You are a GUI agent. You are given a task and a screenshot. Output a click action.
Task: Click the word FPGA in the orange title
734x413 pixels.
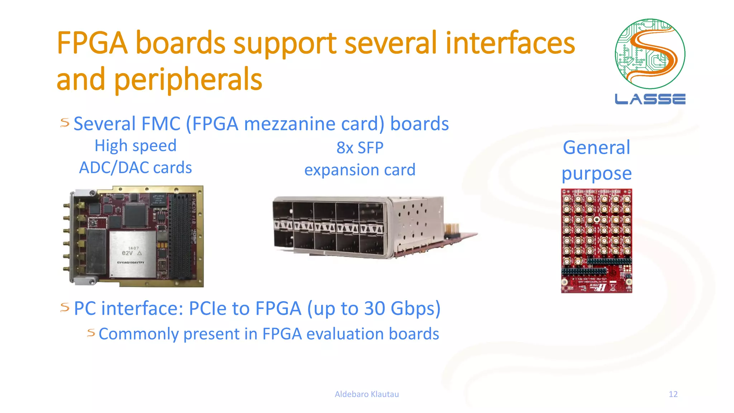point(92,43)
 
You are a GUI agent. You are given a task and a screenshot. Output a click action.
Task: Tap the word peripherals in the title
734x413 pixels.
point(189,80)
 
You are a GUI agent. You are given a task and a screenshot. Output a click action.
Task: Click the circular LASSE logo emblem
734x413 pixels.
point(650,54)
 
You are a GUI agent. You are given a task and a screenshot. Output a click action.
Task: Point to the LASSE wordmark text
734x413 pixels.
point(650,99)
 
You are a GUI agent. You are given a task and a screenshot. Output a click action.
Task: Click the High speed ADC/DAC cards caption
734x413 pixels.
point(135,157)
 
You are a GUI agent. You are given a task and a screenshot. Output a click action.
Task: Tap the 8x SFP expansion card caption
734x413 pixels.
point(360,158)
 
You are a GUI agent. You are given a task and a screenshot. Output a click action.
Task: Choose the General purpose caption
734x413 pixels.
point(596,160)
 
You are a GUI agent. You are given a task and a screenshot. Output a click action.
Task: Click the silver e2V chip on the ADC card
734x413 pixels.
point(132,254)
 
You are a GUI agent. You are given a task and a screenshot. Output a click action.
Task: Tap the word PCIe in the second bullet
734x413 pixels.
point(208,308)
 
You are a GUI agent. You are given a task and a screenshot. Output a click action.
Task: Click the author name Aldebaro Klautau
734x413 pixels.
point(367,394)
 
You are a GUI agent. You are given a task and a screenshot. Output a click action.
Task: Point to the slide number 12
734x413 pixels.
point(673,394)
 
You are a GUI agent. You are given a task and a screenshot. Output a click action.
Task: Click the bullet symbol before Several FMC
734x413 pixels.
point(65,123)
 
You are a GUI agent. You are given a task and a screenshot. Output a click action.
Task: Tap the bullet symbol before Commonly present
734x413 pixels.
point(91,333)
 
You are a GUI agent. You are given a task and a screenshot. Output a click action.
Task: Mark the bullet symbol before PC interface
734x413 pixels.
point(65,307)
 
